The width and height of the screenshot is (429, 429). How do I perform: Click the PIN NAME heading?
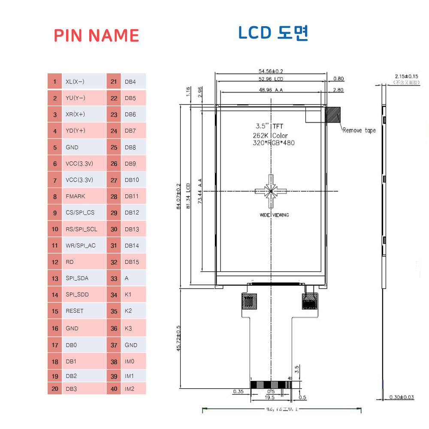click(x=97, y=35)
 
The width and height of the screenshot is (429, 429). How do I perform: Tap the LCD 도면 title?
click(x=273, y=33)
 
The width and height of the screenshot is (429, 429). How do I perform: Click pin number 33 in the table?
click(x=114, y=278)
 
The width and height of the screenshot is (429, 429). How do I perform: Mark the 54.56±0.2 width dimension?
click(x=271, y=71)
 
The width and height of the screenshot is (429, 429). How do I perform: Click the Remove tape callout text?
click(x=359, y=130)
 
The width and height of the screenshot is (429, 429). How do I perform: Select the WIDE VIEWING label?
click(x=274, y=215)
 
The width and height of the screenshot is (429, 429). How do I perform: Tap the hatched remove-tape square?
click(x=333, y=115)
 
